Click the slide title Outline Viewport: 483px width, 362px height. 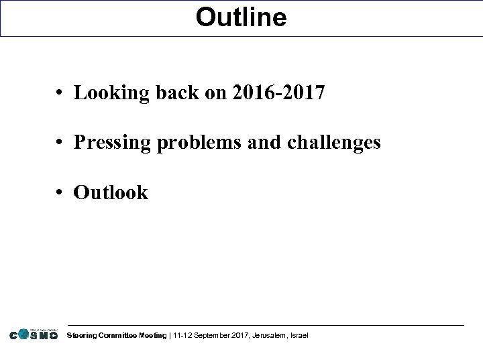(241, 17)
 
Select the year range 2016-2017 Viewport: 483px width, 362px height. (278, 93)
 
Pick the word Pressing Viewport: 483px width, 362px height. (111, 143)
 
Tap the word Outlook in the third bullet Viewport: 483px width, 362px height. (111, 193)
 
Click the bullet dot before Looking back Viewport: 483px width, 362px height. (60, 93)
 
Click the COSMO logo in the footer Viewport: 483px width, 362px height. (34, 335)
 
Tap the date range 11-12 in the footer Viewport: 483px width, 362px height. (183, 335)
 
